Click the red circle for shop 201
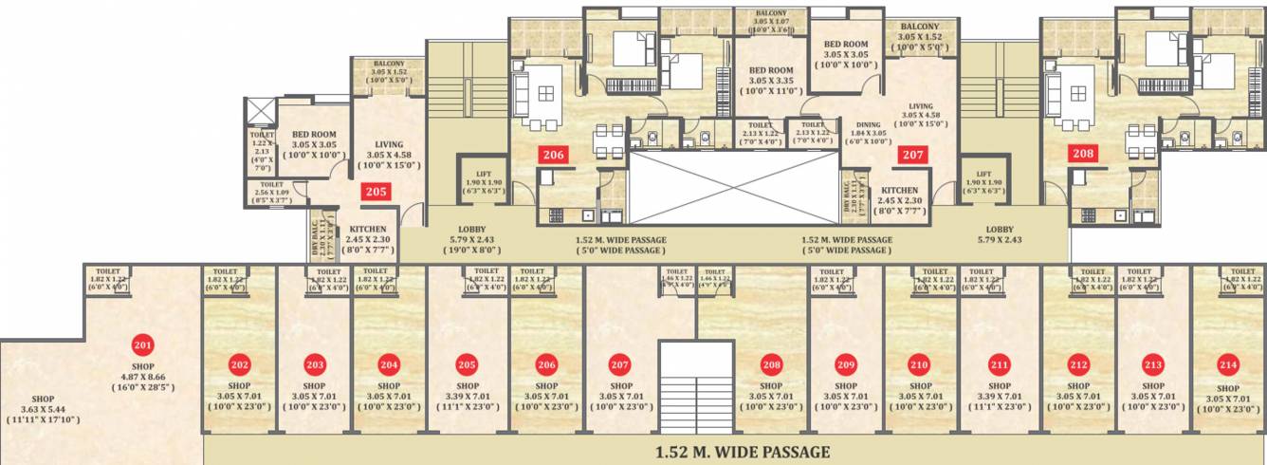click(143, 345)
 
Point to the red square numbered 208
click(1083, 154)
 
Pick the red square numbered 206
click(552, 154)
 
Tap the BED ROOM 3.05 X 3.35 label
click(771, 81)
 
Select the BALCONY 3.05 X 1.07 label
click(771, 21)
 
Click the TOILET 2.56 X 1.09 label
click(270, 193)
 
